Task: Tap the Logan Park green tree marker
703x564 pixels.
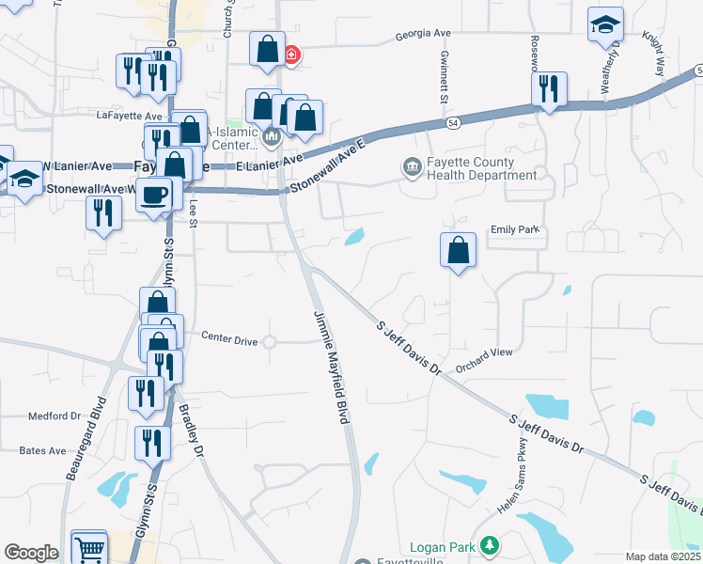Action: tap(489, 546)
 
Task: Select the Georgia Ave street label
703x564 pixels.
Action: tap(423, 33)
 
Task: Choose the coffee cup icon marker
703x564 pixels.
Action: tap(155, 196)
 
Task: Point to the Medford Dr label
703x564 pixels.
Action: tap(55, 415)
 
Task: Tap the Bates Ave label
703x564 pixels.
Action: tap(43, 450)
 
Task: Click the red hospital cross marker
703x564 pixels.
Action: tap(292, 55)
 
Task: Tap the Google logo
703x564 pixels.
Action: tap(31, 553)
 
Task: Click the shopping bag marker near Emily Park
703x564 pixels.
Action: tap(458, 251)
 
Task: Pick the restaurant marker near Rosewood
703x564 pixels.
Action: tap(549, 89)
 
